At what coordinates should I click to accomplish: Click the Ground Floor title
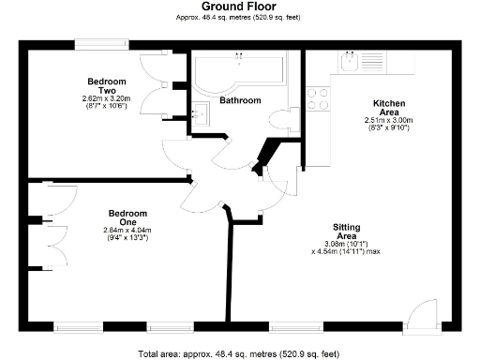point(239,7)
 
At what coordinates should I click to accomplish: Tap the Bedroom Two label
point(105,84)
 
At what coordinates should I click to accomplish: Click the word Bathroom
point(240,99)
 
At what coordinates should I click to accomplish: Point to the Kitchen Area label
point(388,108)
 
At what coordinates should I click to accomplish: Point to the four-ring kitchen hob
point(318,98)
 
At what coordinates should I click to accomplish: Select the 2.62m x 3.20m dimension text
point(105,98)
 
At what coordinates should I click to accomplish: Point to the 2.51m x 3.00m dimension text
point(388,121)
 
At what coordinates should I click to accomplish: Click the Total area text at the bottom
point(239,353)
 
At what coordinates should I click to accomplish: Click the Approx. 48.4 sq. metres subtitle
point(239,18)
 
